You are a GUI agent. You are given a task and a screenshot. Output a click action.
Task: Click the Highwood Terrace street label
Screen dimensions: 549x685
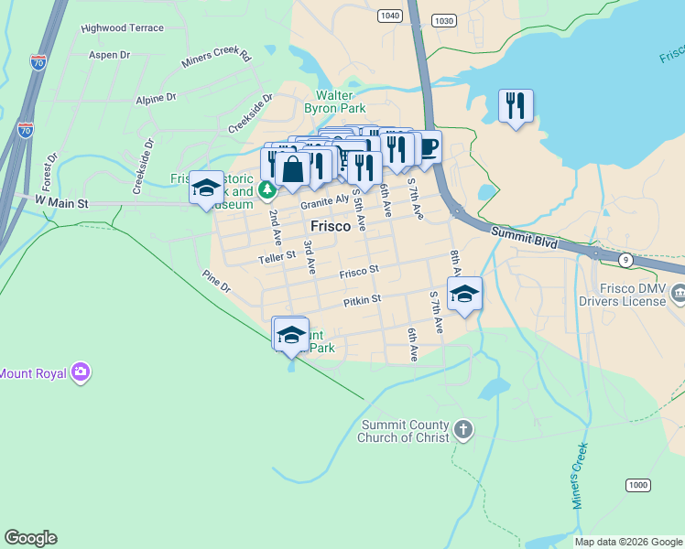click(122, 28)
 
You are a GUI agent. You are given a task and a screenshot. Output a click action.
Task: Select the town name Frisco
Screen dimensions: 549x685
click(331, 226)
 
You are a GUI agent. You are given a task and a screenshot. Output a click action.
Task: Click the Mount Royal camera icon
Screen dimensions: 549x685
click(82, 371)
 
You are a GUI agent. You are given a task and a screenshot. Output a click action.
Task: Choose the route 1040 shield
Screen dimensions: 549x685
click(388, 16)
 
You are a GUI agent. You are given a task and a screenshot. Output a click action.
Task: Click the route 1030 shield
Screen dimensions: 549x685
click(444, 20)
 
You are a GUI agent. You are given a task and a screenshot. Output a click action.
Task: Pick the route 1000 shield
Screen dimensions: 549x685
click(637, 485)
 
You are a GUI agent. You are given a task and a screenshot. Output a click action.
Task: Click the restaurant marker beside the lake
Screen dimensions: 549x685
click(516, 105)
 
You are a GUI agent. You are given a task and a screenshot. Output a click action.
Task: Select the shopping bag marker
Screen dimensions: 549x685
click(293, 169)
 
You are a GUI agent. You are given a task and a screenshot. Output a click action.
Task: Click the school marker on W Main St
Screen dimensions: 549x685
click(206, 187)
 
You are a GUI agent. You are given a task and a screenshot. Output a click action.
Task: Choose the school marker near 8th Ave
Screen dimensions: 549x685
click(464, 294)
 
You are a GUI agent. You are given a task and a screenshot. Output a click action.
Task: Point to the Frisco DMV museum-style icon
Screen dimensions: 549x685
click(678, 294)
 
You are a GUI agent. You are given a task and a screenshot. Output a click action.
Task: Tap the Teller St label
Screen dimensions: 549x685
click(277, 259)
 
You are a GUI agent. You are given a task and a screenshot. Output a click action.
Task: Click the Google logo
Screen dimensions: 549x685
click(30, 538)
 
